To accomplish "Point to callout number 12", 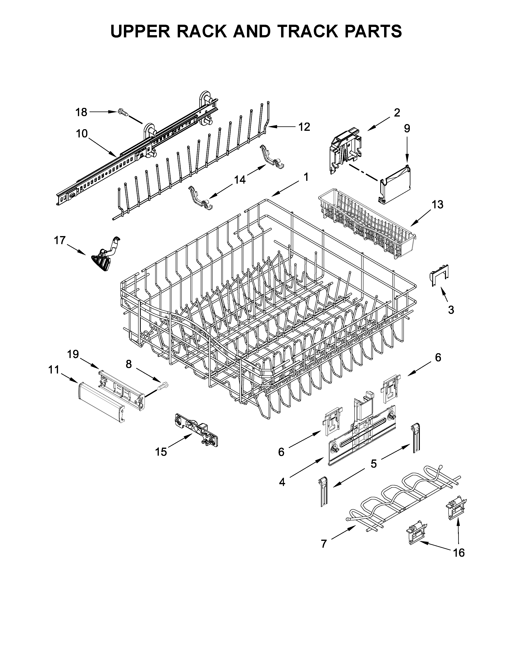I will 304,127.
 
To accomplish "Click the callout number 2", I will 397,113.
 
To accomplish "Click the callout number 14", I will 240,180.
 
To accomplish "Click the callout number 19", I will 73,354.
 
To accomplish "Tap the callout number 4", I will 282,482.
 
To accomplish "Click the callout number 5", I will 374,463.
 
